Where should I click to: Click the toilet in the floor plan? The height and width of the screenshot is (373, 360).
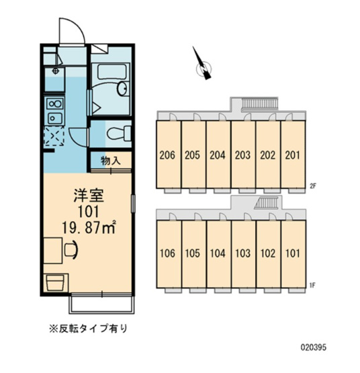pyautogui.click(x=119, y=134)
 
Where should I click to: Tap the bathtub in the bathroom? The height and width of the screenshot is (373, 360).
pyautogui.click(x=111, y=71)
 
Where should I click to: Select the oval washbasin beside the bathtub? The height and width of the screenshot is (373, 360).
pyautogui.click(x=123, y=89)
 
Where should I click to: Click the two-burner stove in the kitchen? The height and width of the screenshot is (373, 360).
pyautogui.click(x=55, y=104)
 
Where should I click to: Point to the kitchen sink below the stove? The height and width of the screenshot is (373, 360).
pyautogui.click(x=55, y=118)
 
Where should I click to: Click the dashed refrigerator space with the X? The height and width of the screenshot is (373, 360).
pyautogui.click(x=54, y=136)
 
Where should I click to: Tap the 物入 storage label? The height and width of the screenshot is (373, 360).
pyautogui.click(x=111, y=161)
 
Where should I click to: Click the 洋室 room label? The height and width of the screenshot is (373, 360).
pyautogui.click(x=89, y=196)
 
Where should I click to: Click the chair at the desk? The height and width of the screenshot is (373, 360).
pyautogui.click(x=72, y=249)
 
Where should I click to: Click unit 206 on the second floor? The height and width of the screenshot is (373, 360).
pyautogui.click(x=167, y=155)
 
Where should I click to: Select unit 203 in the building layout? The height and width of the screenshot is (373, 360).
pyautogui.click(x=242, y=155)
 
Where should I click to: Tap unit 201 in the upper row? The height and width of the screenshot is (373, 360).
pyautogui.click(x=292, y=155)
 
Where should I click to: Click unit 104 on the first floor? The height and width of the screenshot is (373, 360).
pyautogui.click(x=218, y=253)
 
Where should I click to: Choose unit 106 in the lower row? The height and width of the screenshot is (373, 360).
pyautogui.click(x=167, y=253)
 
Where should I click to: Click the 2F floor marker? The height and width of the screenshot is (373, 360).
pyautogui.click(x=312, y=185)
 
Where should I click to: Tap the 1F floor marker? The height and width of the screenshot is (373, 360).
pyautogui.click(x=312, y=285)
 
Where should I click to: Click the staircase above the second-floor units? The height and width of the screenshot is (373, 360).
pyautogui.click(x=260, y=104)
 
